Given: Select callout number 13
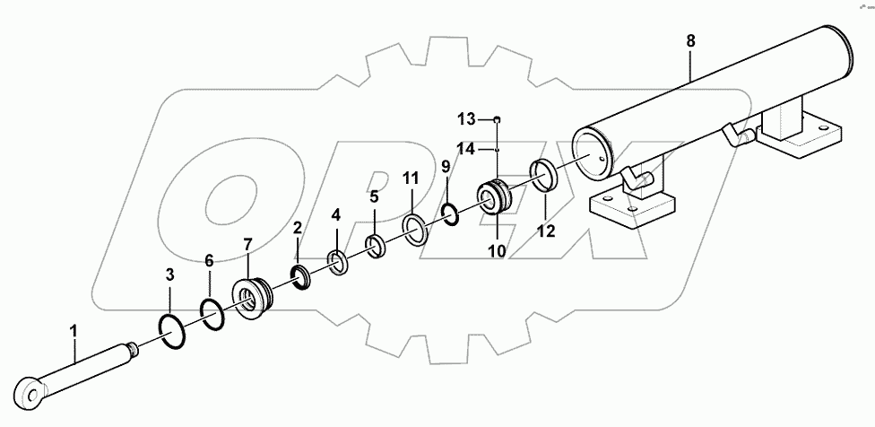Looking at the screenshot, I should click(468, 119).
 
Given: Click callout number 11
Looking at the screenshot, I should click(410, 179).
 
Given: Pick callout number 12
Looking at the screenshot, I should click(546, 231).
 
